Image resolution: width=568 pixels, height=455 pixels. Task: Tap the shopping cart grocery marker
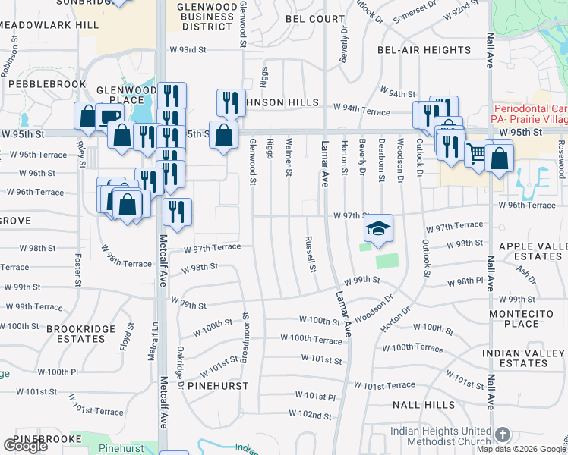pos(478,154)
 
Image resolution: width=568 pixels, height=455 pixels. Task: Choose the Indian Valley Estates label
pos(524,359)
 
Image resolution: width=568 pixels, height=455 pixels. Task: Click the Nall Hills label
pos(423,406)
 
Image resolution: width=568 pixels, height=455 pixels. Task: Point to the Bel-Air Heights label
pos(424,50)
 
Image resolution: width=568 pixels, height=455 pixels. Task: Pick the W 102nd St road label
pos(310,415)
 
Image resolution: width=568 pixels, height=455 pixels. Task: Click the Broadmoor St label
pos(245,337)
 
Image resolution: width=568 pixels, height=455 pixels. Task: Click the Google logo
pos(25,446)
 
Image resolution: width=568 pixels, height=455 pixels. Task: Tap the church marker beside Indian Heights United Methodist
pos(502,435)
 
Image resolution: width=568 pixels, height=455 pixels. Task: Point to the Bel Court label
pos(315,18)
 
